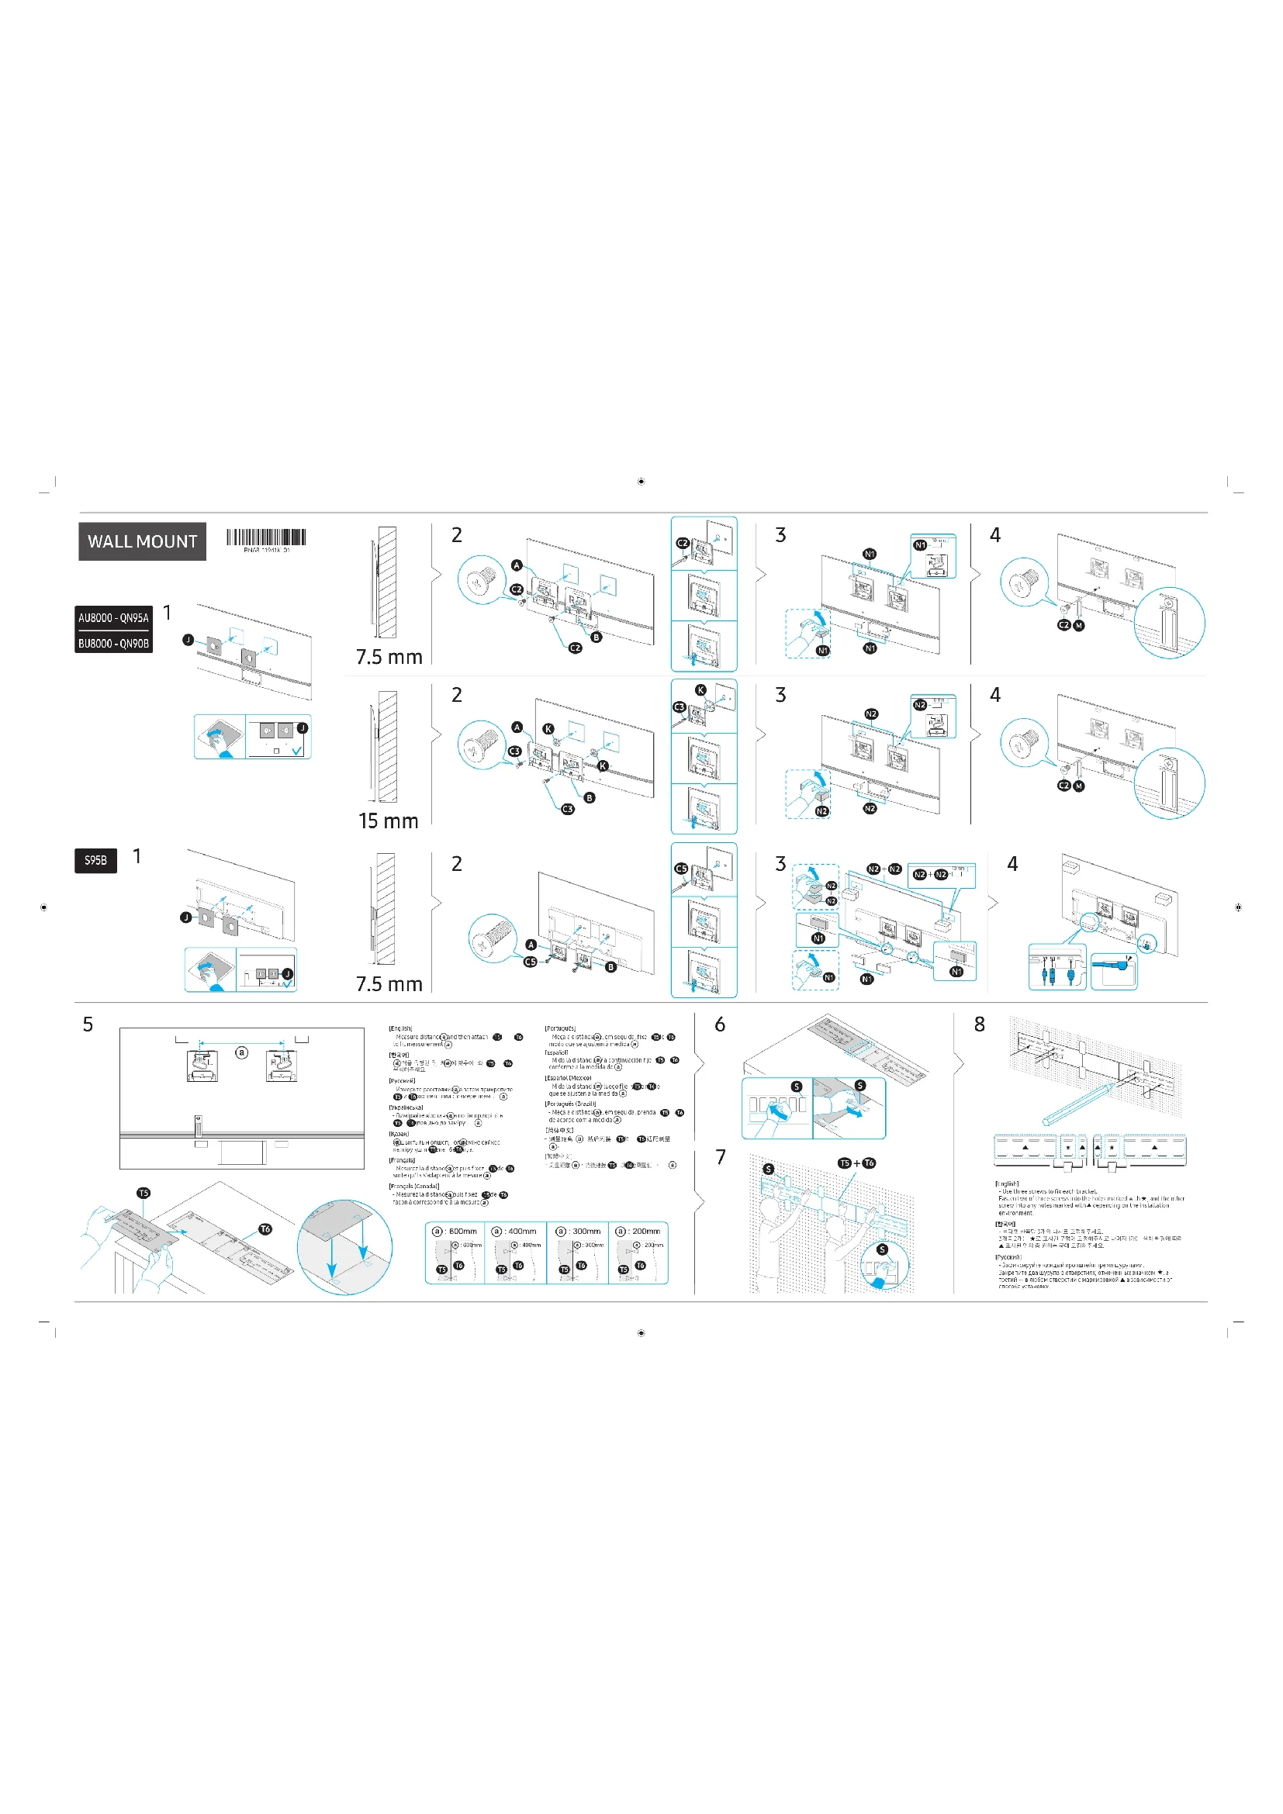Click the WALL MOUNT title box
tap(142, 541)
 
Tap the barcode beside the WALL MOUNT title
tap(266, 538)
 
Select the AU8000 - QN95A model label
tap(113, 618)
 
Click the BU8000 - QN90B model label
tap(113, 643)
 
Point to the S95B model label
tap(95, 859)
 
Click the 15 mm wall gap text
tap(388, 821)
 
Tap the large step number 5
tap(88, 1024)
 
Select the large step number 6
tap(720, 1024)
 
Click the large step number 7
tap(721, 1157)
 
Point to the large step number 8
tap(980, 1024)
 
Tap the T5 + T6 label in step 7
tap(857, 1163)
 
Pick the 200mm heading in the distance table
tap(638, 1231)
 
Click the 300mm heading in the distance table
tap(579, 1231)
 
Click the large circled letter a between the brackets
tap(242, 1052)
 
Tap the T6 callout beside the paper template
tap(265, 1229)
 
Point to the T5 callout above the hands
tap(143, 1193)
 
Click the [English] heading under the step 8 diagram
tap(1007, 1184)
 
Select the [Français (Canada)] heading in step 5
tap(414, 1186)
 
